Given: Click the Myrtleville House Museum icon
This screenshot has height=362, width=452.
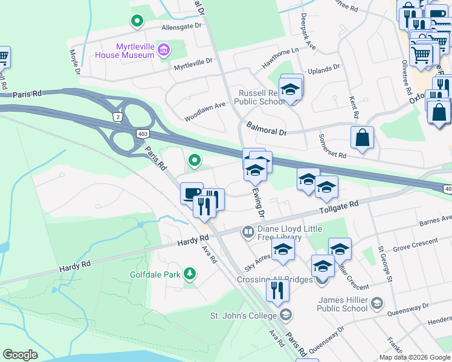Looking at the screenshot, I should (163, 49).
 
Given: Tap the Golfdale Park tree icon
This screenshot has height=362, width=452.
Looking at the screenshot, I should (190, 275).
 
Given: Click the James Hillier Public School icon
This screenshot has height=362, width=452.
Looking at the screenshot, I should (376, 303).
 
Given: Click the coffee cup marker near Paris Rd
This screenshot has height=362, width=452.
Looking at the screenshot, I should (192, 193).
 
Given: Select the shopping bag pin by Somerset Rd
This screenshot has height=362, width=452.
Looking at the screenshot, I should (362, 137).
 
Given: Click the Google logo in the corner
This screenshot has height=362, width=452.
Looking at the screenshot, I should (20, 355).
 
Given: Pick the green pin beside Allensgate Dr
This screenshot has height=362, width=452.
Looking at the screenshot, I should (137, 21).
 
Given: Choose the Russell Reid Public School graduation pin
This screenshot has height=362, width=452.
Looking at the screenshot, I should (291, 90).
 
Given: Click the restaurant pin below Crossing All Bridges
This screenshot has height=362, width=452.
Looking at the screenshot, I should (278, 290).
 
